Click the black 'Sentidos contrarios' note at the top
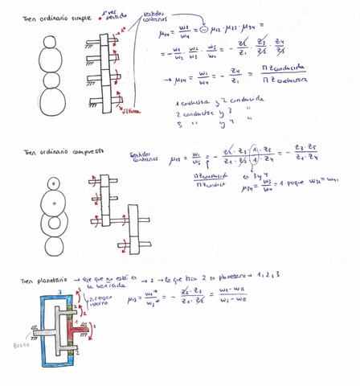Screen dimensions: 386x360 155,18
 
